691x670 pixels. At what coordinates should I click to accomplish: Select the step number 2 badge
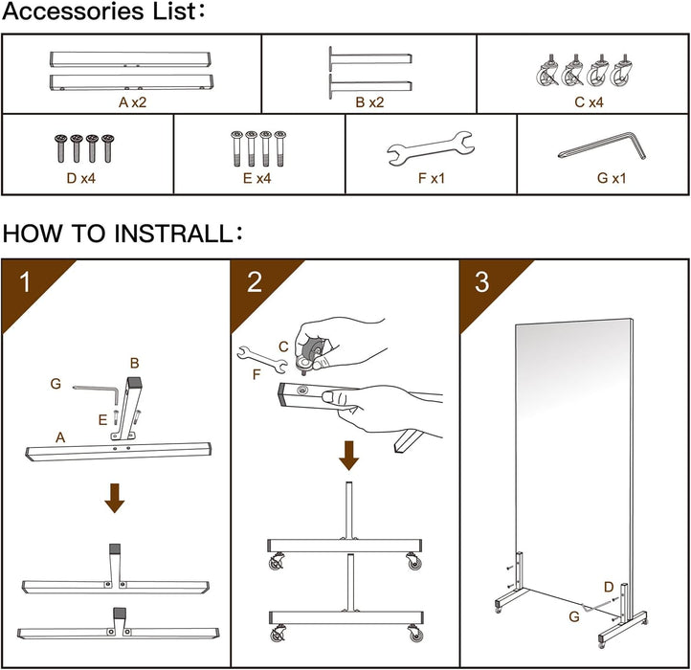(x=255, y=282)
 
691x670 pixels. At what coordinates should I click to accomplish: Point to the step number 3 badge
(x=481, y=282)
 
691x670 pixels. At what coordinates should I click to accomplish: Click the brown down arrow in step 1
(x=115, y=497)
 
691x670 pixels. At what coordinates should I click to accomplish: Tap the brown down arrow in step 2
(x=349, y=455)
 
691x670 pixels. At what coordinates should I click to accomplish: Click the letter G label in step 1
(x=56, y=384)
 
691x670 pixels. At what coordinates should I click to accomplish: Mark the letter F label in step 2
(x=256, y=374)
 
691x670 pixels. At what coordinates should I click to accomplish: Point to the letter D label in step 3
(x=609, y=586)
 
